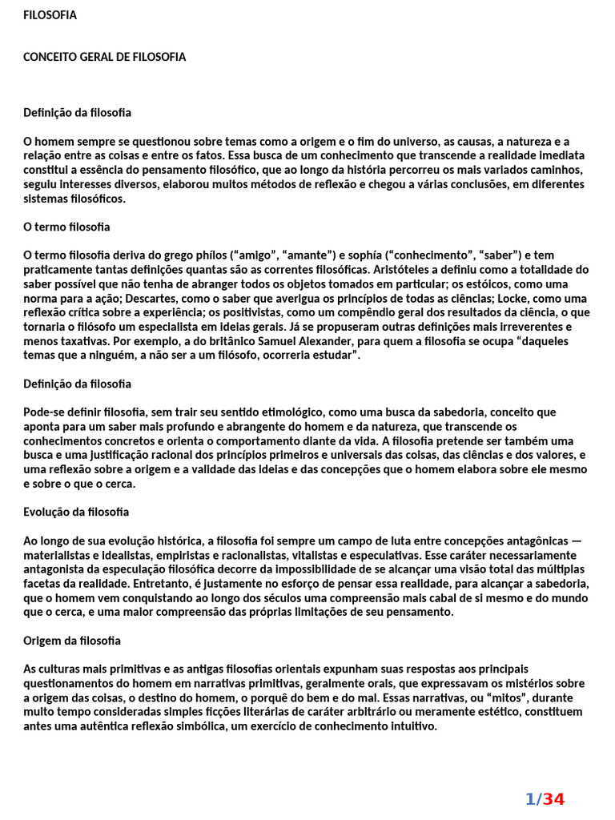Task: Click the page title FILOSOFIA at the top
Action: [50, 15]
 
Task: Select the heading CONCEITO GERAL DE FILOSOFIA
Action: [104, 57]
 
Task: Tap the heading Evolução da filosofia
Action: [76, 512]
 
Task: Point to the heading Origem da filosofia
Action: [72, 641]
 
